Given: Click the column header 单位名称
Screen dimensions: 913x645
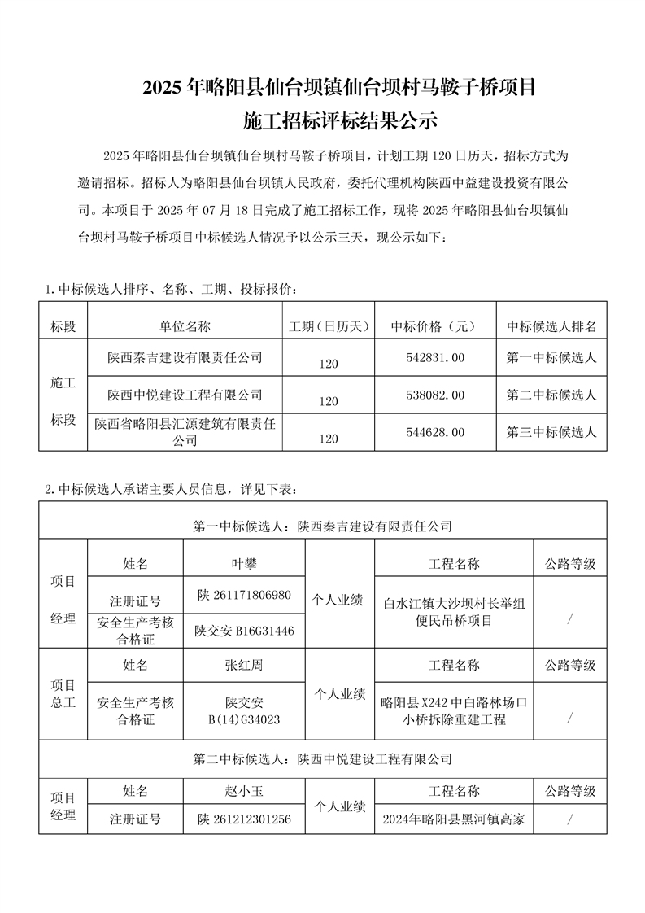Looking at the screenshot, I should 185,326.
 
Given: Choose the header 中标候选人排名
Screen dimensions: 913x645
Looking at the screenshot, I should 551,326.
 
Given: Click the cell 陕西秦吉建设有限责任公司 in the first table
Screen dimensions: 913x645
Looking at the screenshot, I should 185,357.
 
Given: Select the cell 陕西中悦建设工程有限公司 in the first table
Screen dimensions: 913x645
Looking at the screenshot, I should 185,395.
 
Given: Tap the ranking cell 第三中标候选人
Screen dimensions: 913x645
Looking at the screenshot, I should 551,433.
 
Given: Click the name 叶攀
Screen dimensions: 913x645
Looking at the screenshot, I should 244,563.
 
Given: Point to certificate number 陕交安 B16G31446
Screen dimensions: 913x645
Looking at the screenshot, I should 244,631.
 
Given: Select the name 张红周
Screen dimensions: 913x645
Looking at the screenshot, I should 244,665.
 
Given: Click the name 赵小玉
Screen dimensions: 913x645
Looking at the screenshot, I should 244,790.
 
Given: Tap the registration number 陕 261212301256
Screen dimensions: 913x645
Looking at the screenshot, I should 244,819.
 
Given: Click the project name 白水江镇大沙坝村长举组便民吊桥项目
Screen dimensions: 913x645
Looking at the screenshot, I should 454,612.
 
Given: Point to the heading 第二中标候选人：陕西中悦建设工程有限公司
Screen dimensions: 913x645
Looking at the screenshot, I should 322,758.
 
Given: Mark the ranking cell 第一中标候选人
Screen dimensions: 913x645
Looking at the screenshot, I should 551,357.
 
